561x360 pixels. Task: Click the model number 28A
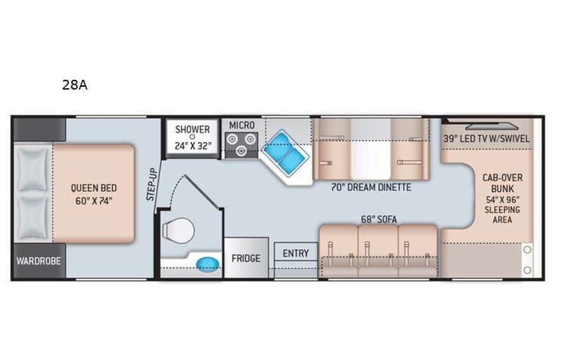pyautogui.click(x=74, y=85)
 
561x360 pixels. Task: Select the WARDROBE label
pyautogui.click(x=39, y=259)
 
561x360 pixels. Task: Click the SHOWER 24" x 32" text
pyautogui.click(x=192, y=136)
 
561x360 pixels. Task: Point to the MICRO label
pyautogui.click(x=241, y=124)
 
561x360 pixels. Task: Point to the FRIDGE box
pyautogui.click(x=246, y=259)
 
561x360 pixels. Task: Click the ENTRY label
pyautogui.click(x=295, y=253)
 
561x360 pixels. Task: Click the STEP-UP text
pyautogui.click(x=152, y=185)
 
